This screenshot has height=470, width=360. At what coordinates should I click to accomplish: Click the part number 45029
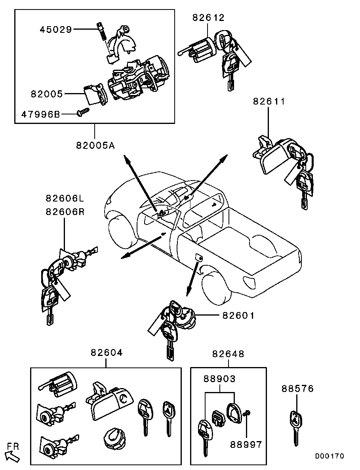(x=55, y=29)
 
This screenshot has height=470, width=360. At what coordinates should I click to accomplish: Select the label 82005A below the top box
(x=95, y=146)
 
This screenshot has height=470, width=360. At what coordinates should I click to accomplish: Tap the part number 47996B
(x=40, y=114)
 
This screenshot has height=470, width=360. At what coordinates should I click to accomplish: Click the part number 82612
(x=208, y=18)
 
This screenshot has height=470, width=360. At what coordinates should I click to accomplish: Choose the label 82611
(x=269, y=101)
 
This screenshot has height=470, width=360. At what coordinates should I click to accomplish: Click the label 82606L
(x=65, y=198)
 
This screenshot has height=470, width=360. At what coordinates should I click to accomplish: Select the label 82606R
(x=65, y=211)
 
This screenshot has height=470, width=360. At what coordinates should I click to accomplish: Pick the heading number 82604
(x=107, y=353)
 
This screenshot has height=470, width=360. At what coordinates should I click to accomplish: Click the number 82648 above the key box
(x=228, y=354)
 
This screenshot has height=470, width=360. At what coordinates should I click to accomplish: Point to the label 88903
(x=219, y=379)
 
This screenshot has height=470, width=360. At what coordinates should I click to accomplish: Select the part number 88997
(x=246, y=445)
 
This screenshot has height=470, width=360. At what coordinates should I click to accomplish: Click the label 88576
(x=297, y=389)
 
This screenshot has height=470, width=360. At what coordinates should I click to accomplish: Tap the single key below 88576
(x=296, y=426)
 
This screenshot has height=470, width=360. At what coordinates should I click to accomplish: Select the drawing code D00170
(x=330, y=456)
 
